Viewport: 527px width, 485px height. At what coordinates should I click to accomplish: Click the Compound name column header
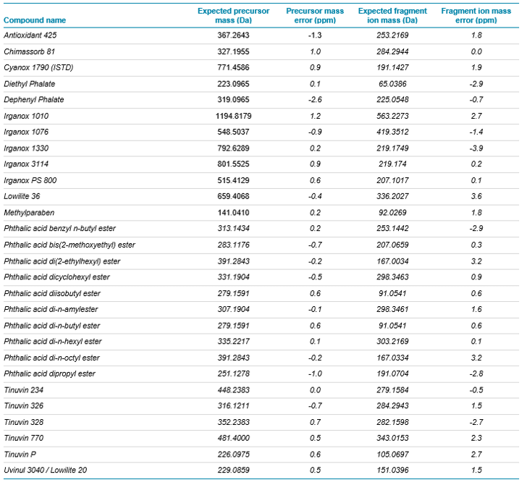coord(35,20)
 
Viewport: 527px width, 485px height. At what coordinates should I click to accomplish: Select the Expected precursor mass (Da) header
coord(233,15)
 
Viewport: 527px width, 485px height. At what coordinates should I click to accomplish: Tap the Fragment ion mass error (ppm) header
coord(476,15)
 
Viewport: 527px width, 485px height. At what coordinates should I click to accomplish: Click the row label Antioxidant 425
coord(30,35)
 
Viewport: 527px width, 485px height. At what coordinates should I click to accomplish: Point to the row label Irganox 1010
coord(26,117)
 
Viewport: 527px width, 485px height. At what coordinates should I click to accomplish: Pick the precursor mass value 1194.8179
coord(233,117)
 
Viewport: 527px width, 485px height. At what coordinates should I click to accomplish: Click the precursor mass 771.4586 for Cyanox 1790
coord(233,67)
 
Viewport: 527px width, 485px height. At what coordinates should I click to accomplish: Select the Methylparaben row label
coord(29,213)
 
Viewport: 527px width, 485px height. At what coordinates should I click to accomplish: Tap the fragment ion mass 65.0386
coord(392,84)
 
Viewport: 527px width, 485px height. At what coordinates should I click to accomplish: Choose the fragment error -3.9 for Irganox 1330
coord(476,148)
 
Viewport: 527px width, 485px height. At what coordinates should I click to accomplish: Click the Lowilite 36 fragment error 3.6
coord(476,196)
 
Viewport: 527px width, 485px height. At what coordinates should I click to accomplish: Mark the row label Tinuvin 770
coord(23,438)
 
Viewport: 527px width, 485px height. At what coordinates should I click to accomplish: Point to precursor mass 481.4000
coord(233,438)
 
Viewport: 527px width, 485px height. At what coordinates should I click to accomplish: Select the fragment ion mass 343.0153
coord(392,438)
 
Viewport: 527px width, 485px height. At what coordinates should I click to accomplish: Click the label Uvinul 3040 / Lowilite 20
coord(46,471)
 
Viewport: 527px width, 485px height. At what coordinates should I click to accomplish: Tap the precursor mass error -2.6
coord(315,100)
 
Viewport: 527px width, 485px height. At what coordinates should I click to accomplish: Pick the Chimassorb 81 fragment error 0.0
coord(476,52)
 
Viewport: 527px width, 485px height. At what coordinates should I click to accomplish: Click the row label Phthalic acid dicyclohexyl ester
coord(56,277)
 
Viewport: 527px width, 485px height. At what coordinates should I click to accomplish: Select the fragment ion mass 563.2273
coord(392,117)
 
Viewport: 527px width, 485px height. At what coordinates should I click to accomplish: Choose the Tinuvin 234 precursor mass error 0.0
coord(315,390)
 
